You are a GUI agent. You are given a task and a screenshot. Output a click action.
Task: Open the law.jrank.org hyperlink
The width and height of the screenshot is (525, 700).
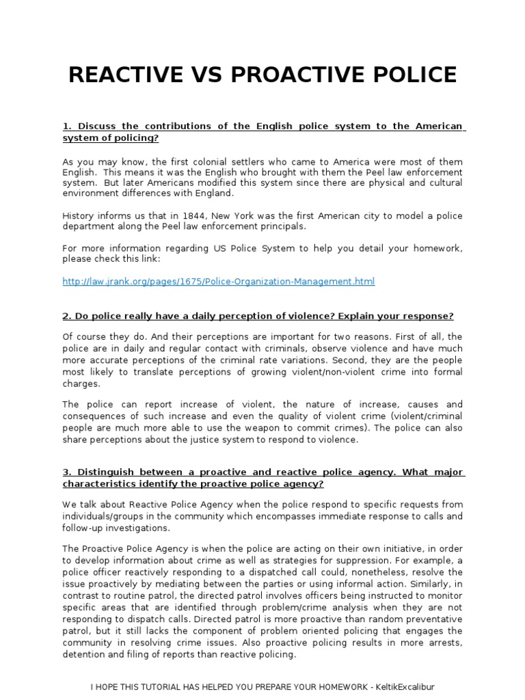coord(218,282)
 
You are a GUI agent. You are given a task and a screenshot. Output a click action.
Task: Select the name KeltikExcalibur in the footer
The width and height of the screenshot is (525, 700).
coord(403,687)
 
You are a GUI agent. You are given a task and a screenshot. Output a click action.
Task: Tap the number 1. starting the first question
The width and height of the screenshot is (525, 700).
coord(67,127)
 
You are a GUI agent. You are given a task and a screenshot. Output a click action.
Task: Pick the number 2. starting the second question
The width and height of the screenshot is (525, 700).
coord(67,317)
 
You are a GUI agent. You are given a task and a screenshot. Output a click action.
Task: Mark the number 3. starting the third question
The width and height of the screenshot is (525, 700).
coord(67,472)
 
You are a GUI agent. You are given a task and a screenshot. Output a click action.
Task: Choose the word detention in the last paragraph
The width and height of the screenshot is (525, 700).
coord(83,654)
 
